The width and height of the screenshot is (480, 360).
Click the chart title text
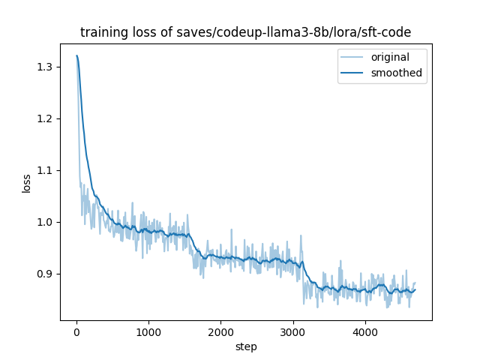coord(246,32)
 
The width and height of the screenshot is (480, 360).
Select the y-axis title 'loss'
coord(26,183)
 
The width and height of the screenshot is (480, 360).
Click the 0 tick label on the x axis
coord(76,333)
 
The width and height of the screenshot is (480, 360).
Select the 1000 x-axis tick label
coord(148,333)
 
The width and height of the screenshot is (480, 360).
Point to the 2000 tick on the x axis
coord(220,333)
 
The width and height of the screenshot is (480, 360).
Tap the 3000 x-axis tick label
coord(292,333)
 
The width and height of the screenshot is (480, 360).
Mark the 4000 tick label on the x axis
coord(364,333)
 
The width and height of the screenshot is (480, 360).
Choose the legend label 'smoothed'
coord(396,73)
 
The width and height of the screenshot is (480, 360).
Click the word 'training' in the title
coord(103,32)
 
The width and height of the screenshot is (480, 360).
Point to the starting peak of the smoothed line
coord(76,55)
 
